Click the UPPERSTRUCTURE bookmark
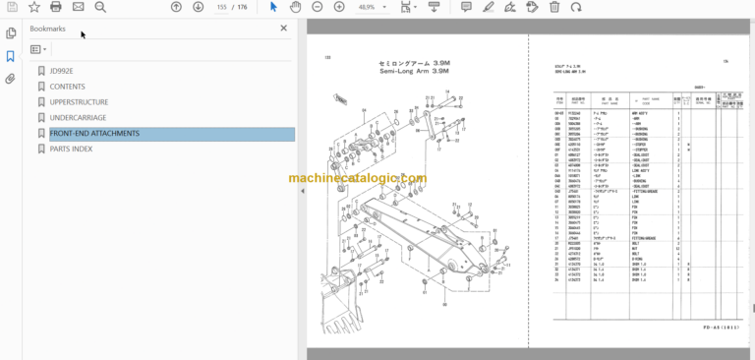click(79, 102)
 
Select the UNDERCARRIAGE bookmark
click(78, 118)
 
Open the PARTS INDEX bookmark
click(72, 150)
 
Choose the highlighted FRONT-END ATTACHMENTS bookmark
click(94, 134)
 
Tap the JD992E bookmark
click(65, 71)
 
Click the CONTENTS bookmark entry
click(68, 87)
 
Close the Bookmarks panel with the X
click(284, 29)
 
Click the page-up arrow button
click(176, 7)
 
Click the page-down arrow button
click(198, 7)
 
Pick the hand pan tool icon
click(296, 7)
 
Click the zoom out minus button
click(318, 7)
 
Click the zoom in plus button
click(339, 7)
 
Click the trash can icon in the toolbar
click(554, 7)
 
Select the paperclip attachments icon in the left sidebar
click(10, 78)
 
